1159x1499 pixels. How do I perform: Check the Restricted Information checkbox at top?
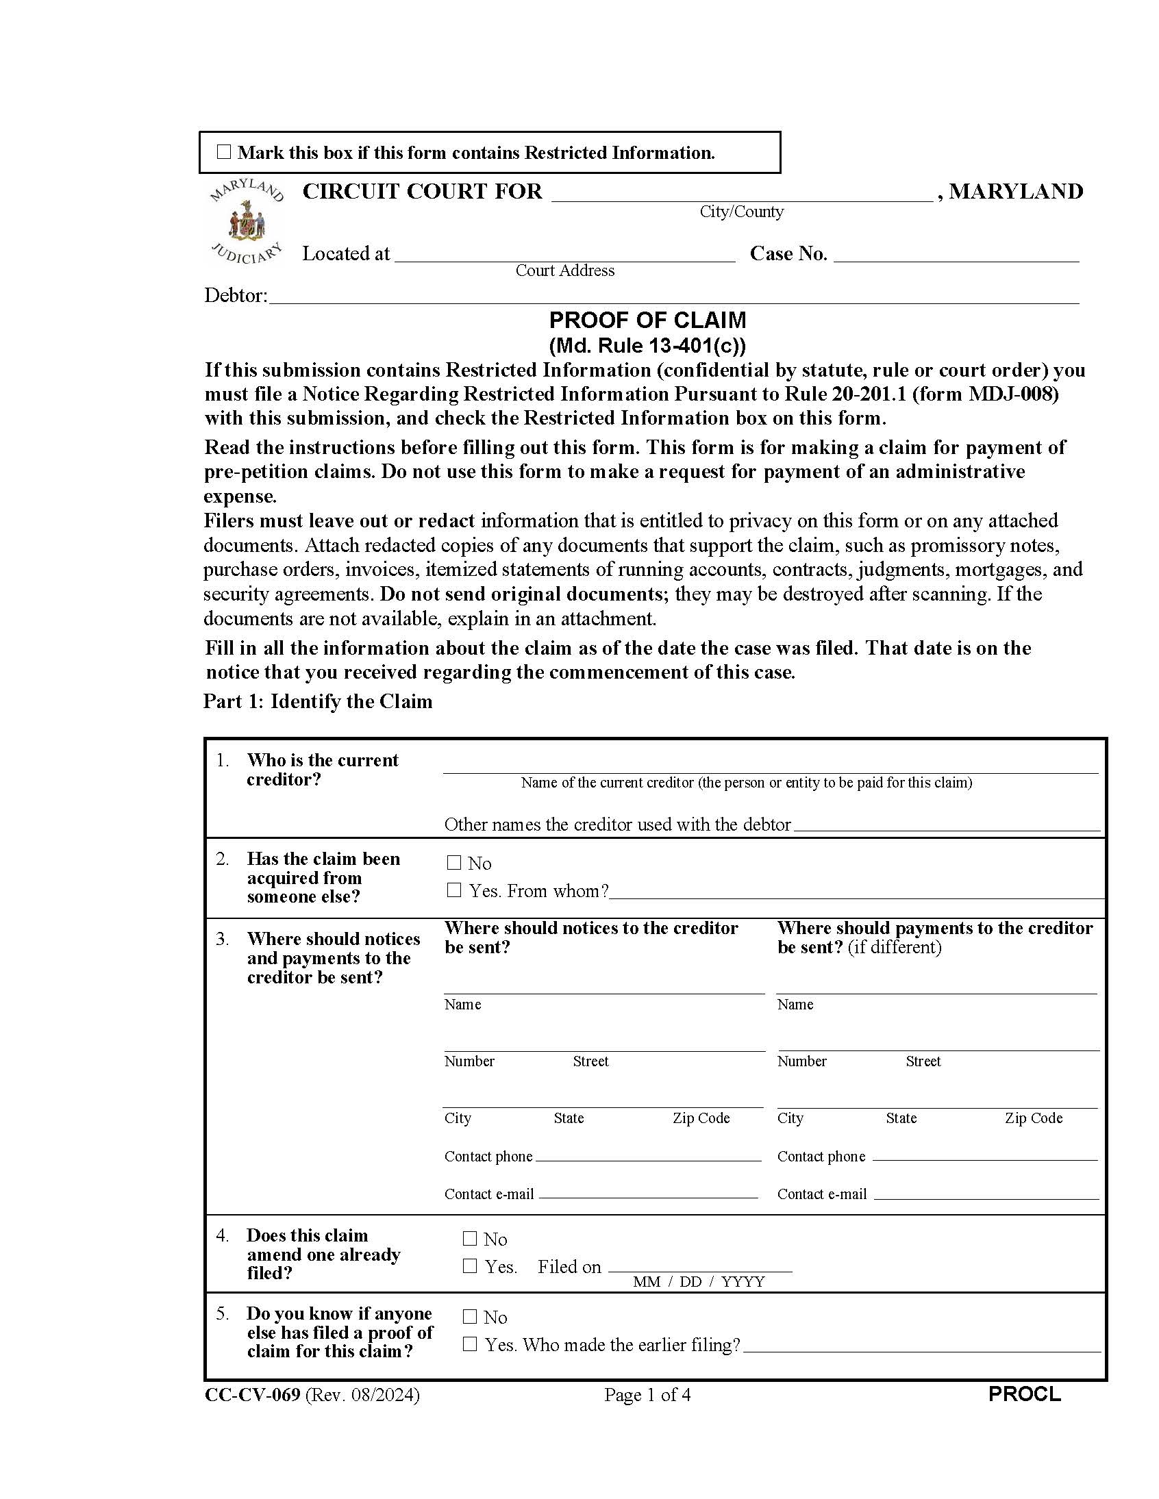(224, 152)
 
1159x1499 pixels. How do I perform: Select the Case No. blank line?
(956, 255)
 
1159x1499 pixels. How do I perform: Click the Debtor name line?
(673, 297)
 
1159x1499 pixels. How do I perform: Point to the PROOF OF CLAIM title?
(647, 320)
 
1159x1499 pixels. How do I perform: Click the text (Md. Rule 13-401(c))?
(647, 344)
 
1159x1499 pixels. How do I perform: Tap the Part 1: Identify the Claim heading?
(318, 701)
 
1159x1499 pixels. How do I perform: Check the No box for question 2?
(454, 863)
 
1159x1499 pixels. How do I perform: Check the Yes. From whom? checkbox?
(454, 890)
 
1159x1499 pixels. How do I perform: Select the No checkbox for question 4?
(470, 1239)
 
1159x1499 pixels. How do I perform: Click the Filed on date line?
(699, 1266)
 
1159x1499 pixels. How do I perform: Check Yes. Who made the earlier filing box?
(470, 1344)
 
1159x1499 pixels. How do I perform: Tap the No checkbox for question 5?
(470, 1317)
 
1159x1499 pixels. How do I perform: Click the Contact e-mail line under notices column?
(648, 1194)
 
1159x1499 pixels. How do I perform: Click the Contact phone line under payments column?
(984, 1156)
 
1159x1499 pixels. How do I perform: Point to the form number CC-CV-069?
(252, 1395)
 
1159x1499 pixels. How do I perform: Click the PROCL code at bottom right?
(1025, 1394)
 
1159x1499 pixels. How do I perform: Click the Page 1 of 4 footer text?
(647, 1395)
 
